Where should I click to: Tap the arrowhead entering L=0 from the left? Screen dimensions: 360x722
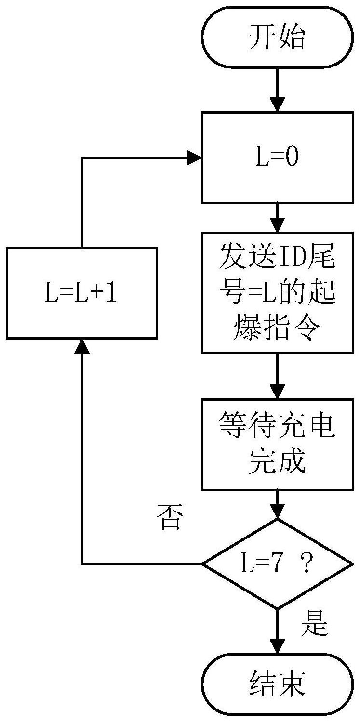point(195,158)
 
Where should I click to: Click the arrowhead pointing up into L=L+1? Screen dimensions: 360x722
point(82,346)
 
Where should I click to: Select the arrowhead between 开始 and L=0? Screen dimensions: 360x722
point(277,105)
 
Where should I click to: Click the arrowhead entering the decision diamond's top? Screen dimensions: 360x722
point(277,512)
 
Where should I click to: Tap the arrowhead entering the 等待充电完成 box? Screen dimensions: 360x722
point(277,392)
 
